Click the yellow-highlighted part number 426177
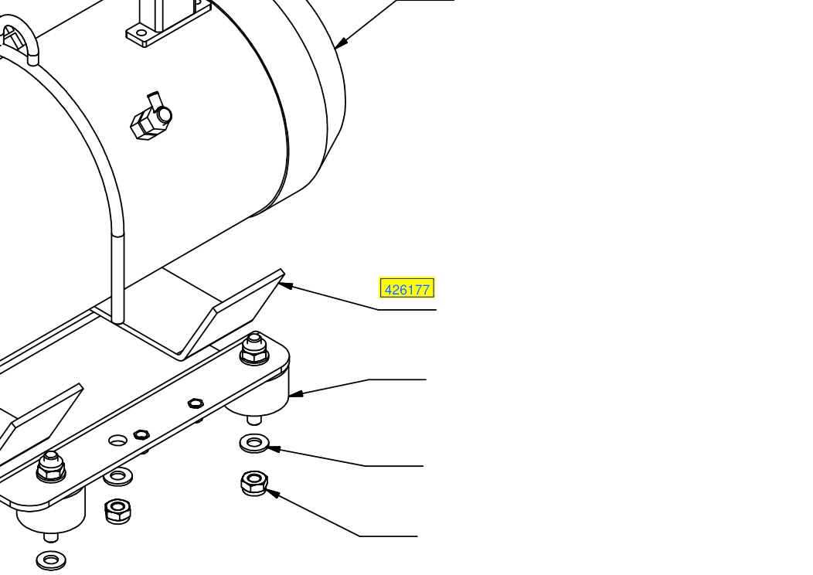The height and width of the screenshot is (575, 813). [x=407, y=288]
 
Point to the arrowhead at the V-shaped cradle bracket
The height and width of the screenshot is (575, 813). [x=286, y=286]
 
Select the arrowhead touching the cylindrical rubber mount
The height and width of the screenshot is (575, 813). [x=295, y=393]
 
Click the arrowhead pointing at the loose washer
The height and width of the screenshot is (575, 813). [x=274, y=448]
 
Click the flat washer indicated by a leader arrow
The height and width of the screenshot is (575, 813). [x=254, y=444]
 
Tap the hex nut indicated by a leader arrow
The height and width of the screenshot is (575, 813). [x=254, y=483]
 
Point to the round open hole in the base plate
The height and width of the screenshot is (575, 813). [x=117, y=441]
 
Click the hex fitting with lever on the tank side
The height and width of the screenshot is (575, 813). [x=151, y=117]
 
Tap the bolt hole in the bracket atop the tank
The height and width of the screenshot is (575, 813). [x=141, y=33]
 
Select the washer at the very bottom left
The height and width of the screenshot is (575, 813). [x=51, y=560]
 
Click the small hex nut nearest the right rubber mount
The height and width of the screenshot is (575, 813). [x=195, y=403]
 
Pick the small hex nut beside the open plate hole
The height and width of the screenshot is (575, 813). [x=141, y=434]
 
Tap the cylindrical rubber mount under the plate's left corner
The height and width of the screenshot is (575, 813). [x=51, y=513]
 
